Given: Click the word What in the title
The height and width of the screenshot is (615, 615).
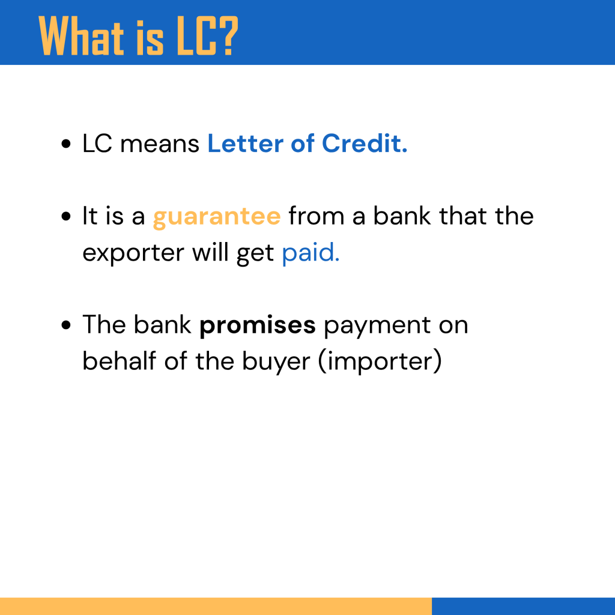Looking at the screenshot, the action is (x=81, y=35).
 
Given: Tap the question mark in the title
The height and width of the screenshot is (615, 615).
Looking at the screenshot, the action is (x=228, y=35).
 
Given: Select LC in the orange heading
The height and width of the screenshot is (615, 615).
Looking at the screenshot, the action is (x=196, y=35).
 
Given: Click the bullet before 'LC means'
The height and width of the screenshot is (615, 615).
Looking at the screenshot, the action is (x=66, y=144).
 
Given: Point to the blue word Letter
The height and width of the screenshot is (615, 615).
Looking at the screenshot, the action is (x=245, y=143).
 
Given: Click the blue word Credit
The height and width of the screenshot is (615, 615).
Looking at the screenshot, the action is (x=365, y=143).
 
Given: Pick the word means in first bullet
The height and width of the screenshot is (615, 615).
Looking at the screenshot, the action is (x=160, y=144).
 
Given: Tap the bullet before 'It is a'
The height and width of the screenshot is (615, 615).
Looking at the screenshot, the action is (x=66, y=216).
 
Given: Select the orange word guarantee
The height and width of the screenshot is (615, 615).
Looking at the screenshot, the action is (x=217, y=217).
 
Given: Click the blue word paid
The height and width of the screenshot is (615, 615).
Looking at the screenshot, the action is (x=311, y=252).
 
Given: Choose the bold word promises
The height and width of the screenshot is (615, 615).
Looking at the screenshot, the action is (x=257, y=326).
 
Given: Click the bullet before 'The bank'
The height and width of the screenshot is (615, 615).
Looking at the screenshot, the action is (x=66, y=325).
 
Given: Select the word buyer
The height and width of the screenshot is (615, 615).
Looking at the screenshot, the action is (x=276, y=362).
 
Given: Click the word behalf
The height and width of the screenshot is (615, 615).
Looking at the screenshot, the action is (x=120, y=361).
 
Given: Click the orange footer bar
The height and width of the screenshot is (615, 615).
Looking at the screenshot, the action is (x=216, y=606).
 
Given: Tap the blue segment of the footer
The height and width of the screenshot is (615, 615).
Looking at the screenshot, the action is (x=523, y=606).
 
